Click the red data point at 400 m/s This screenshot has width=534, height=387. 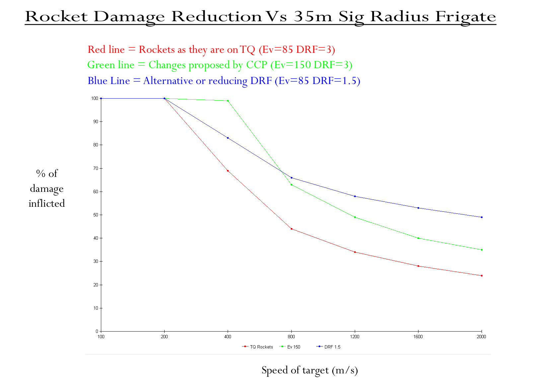[228, 171]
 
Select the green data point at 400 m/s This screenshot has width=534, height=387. [228, 101]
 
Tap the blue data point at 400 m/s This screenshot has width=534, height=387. [228, 138]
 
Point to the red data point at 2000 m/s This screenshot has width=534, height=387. [482, 275]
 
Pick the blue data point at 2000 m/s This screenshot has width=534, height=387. [482, 217]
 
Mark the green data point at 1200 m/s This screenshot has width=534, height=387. [355, 217]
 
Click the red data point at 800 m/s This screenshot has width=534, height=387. [291, 229]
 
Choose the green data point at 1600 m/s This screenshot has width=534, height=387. [418, 238]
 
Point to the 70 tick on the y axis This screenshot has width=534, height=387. [96, 168]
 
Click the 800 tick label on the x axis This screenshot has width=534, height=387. [291, 337]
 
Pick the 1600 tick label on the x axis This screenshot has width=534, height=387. [418, 337]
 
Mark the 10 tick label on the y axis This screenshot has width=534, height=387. [96, 308]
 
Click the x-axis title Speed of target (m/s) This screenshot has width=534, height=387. [310, 370]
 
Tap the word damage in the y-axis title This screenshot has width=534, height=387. [47, 189]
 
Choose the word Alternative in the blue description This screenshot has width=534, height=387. [168, 81]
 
